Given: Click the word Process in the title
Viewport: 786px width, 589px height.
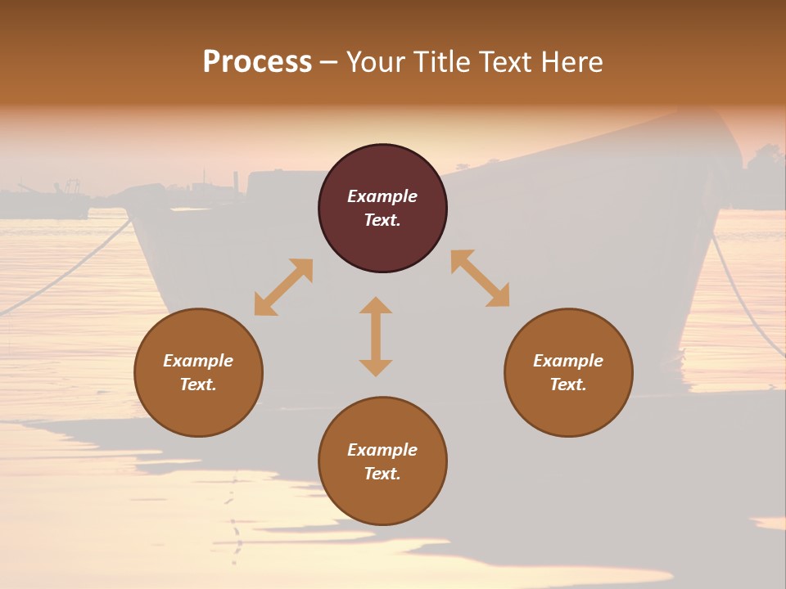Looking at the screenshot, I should [x=257, y=62].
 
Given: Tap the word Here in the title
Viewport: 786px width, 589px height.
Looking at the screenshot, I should [x=571, y=62].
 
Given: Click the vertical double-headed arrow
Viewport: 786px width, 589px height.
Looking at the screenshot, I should [x=376, y=336].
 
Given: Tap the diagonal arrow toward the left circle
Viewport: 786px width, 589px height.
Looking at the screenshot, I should [x=283, y=287].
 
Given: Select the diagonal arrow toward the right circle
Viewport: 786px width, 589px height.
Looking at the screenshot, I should [x=480, y=278].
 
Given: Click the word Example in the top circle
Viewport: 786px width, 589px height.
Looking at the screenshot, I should [x=382, y=196].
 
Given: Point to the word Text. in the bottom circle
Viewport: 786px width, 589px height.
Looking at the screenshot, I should [x=382, y=474].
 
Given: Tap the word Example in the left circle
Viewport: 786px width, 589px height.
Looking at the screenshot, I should [x=198, y=361].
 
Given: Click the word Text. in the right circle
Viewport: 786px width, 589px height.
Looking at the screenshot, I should [x=568, y=384].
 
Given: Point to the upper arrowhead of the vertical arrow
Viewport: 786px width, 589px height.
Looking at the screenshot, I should [x=376, y=305].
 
